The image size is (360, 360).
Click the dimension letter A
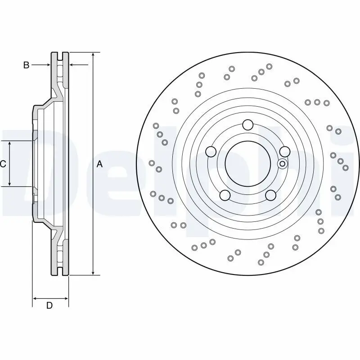pos(100,165)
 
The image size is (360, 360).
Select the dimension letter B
pos(26,65)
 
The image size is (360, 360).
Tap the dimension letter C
pos(3,164)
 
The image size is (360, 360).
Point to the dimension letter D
pos(49,306)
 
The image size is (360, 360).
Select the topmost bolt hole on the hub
pos(247,125)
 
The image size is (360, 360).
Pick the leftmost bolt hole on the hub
pos(211,152)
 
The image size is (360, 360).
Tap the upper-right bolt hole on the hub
pos(284,152)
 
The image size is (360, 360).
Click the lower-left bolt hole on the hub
pos(225,195)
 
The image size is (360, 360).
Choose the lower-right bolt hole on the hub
pos(270,195)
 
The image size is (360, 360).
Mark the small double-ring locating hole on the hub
pos(282,164)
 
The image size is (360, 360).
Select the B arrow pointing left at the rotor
pos(72,65)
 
